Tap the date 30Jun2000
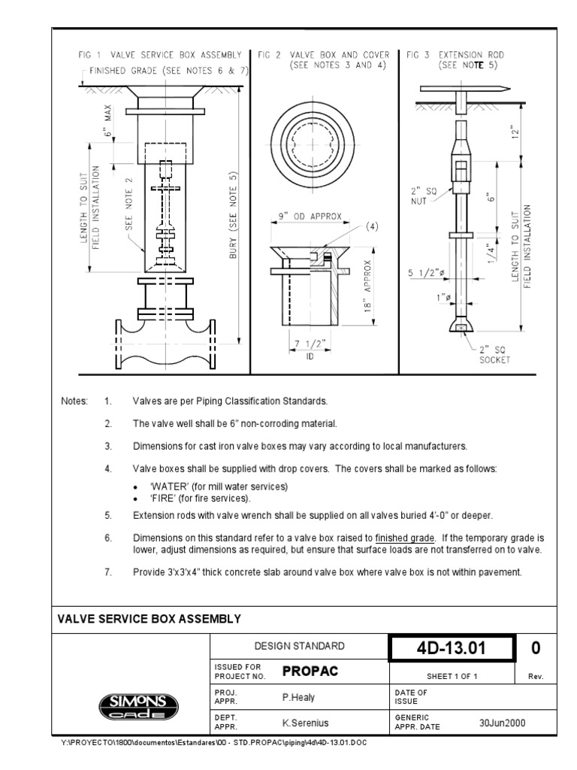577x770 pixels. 502,723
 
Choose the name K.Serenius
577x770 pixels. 303,723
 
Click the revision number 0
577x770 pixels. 536,647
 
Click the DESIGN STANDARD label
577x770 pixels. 298,646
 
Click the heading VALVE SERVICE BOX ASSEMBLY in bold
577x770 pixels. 150,619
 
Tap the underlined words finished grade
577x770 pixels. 405,538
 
